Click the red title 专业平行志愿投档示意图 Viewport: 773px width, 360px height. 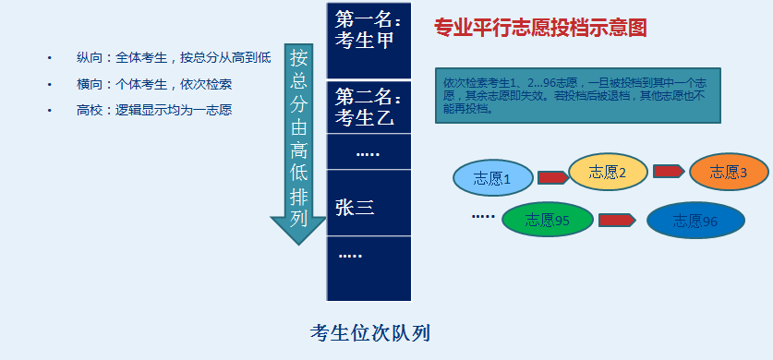[x=540, y=28]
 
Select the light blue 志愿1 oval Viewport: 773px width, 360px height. [x=493, y=178]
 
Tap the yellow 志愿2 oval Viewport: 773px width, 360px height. [x=609, y=172]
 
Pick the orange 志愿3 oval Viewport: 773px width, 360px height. [x=729, y=172]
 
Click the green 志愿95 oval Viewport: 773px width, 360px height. [x=548, y=220]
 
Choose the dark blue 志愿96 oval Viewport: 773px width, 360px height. [x=695, y=221]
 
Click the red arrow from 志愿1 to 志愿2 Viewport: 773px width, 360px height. [x=552, y=178]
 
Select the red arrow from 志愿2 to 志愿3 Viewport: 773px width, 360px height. [x=669, y=172]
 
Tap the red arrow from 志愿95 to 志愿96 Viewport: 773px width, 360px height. [x=617, y=220]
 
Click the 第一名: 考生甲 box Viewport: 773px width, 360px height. [x=368, y=41]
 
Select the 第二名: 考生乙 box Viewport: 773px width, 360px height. [x=368, y=107]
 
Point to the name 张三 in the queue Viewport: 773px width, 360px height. [x=355, y=208]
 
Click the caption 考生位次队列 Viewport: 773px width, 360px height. [x=370, y=333]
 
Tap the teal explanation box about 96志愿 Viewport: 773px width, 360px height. [x=578, y=95]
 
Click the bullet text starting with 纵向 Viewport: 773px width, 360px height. [x=174, y=58]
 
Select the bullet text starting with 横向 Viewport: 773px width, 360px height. [x=154, y=84]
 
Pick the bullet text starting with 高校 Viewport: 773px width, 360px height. [x=154, y=111]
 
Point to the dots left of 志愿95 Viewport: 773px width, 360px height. [x=483, y=216]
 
